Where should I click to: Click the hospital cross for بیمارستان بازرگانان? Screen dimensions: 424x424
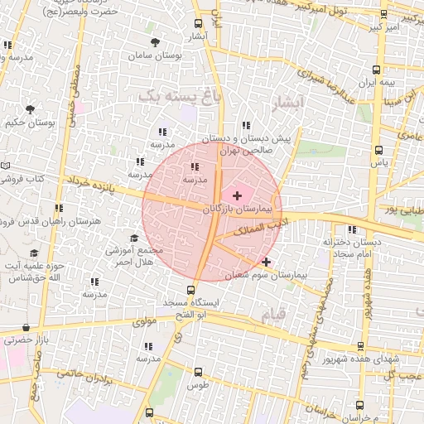[x=238, y=195]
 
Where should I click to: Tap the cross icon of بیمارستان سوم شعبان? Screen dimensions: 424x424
[x=266, y=262]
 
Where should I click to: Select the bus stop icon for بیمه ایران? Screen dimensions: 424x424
[x=378, y=70]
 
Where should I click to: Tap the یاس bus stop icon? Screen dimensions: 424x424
[x=378, y=151]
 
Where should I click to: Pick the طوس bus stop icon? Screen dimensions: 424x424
[x=197, y=372]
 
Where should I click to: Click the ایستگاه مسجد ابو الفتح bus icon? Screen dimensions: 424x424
[x=191, y=290]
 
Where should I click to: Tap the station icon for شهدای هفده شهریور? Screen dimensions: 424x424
[x=360, y=346]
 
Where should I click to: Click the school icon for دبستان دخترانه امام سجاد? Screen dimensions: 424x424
[x=353, y=230]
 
